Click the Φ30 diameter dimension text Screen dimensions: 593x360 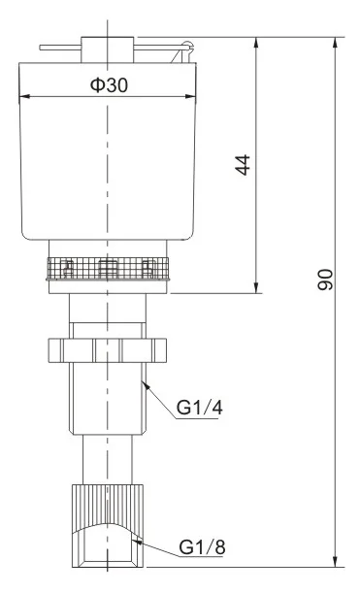(109, 84)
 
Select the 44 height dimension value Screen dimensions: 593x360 (243, 165)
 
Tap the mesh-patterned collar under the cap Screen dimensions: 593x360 (107, 268)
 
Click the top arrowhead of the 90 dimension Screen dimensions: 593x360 (336, 44)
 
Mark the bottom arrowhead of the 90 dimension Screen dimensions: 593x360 (336, 561)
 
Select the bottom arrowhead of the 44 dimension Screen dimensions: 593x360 (256, 285)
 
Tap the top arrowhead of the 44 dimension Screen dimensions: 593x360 (256, 44)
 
